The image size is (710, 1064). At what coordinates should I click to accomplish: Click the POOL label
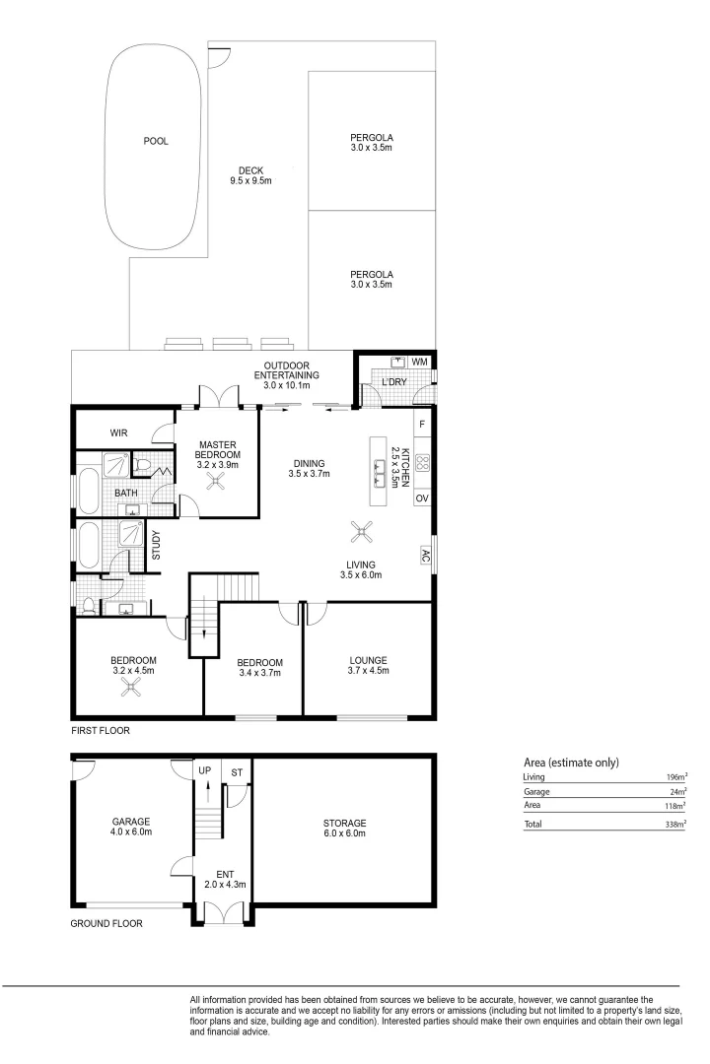(156, 141)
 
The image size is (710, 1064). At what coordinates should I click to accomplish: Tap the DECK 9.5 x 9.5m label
(250, 175)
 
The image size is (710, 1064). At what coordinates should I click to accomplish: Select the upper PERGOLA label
(371, 142)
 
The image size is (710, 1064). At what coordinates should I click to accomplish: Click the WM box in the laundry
(420, 362)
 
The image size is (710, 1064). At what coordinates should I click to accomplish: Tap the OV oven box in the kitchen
(422, 499)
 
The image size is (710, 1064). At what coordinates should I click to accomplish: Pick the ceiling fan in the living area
(363, 533)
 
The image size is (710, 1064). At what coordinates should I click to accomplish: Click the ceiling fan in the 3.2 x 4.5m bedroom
(130, 689)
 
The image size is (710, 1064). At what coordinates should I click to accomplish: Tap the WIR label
(119, 432)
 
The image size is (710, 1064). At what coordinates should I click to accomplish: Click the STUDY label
(156, 547)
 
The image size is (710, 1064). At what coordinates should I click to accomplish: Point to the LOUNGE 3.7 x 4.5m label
(368, 667)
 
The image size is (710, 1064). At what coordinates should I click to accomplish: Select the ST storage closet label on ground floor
(237, 773)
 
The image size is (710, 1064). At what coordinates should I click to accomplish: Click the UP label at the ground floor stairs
(205, 769)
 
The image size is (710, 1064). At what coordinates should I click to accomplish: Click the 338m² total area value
(675, 823)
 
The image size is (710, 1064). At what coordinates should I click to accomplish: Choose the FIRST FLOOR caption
(100, 732)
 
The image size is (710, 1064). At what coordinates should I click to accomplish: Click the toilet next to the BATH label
(142, 463)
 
